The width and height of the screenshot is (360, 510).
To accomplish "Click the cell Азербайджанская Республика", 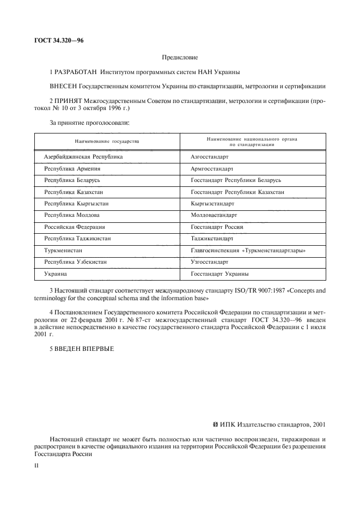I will [83, 157].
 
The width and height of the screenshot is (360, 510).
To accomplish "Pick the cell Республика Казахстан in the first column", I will [74, 192].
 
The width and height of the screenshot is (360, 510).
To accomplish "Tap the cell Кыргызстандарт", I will [212, 204].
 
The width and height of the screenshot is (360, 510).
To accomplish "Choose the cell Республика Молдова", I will [71, 215].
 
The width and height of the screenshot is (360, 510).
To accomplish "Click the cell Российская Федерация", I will [75, 227].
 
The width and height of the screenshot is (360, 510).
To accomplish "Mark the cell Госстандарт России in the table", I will [217, 227].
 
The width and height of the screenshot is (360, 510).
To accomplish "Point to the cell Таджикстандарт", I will [212, 239].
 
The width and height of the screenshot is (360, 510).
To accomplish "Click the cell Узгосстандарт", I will [210, 262].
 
